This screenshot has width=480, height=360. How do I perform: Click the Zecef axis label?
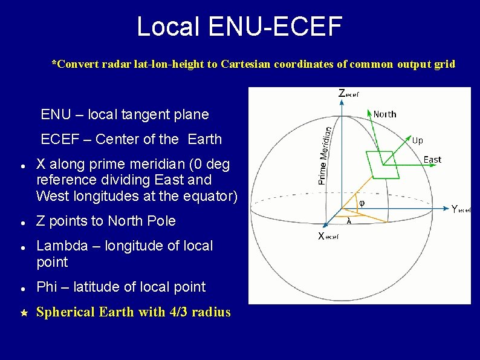(x=348, y=94)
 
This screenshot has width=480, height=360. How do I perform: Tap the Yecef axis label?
(x=461, y=209)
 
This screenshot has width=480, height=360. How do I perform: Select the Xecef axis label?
(x=328, y=236)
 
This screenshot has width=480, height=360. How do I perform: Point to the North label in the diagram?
(x=384, y=114)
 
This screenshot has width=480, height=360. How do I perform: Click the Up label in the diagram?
(x=417, y=140)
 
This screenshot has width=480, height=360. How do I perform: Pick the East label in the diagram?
(x=432, y=160)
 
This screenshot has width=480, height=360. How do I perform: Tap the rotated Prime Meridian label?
(x=325, y=155)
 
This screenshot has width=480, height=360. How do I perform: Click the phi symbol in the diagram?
(x=362, y=203)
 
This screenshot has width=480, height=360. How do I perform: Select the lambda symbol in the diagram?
(x=349, y=222)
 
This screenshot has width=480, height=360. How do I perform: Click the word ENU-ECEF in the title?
(x=276, y=27)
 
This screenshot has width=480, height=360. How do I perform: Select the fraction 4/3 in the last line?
(x=177, y=312)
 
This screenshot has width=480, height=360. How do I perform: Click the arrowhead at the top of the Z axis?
(x=342, y=102)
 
